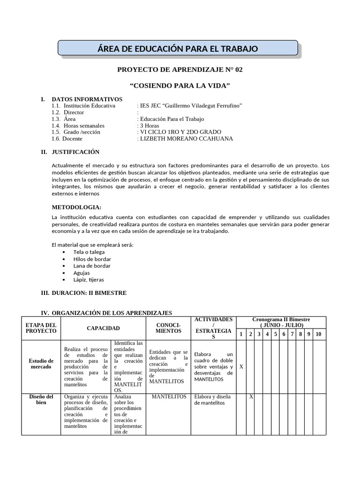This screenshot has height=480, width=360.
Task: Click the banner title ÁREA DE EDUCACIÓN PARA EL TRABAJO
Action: [x=178, y=49]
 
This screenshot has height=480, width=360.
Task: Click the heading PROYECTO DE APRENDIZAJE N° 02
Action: [x=180, y=70]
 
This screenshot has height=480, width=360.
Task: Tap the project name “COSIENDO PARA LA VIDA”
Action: [x=180, y=86]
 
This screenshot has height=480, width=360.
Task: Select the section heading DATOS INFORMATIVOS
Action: [x=87, y=99]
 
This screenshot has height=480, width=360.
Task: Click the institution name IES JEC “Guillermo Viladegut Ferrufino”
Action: [x=190, y=106]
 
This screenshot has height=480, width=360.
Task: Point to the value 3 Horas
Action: [x=149, y=126]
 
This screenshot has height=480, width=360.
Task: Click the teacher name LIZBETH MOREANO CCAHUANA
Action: [x=186, y=139]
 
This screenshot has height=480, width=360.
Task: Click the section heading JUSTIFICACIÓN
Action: [x=75, y=152]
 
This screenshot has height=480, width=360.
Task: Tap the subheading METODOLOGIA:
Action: [x=76, y=207]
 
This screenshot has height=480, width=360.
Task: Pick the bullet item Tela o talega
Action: [x=89, y=252]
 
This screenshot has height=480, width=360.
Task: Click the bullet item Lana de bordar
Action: [x=92, y=266]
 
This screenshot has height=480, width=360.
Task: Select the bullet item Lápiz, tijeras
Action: [x=88, y=280]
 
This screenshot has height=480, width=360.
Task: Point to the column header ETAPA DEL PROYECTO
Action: [x=41, y=328]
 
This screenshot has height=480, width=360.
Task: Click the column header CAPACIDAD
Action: [x=103, y=329]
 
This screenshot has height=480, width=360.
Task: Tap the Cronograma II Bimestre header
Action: [x=281, y=322]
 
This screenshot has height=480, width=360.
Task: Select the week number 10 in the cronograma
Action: [x=318, y=334]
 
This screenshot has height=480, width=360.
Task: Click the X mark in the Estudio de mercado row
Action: [x=241, y=367]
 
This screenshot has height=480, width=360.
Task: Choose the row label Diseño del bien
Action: [x=41, y=399]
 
